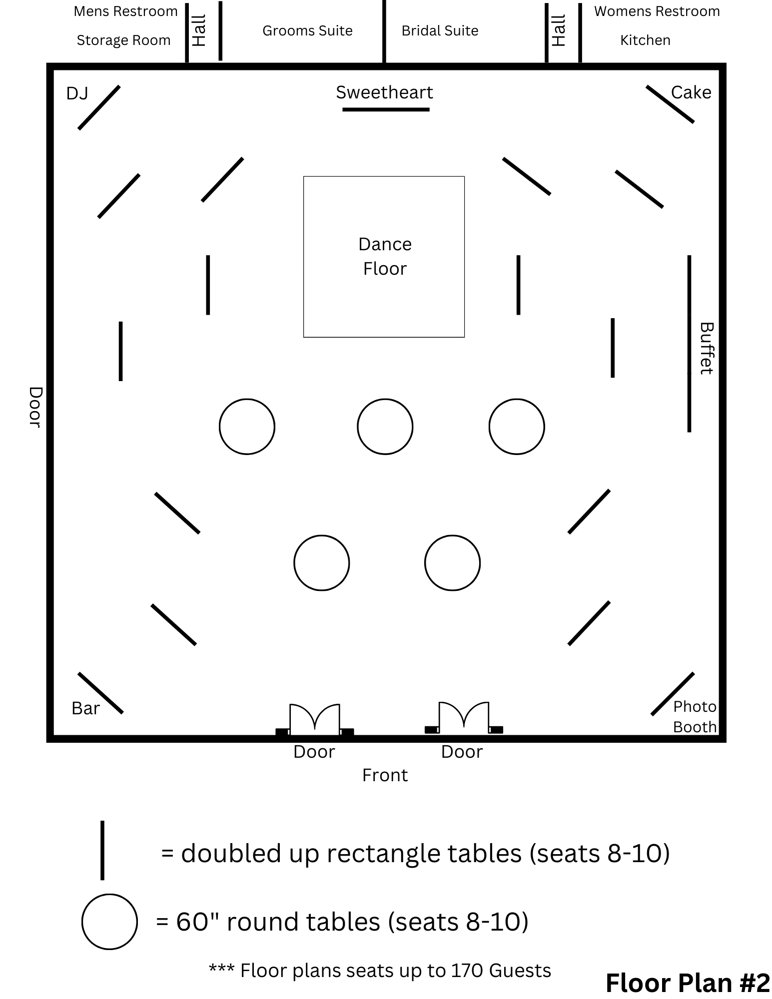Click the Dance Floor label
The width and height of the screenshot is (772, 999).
tap(384, 256)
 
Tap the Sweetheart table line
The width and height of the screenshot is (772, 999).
tap(386, 109)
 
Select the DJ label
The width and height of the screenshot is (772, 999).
tap(77, 93)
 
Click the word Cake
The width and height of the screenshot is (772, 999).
tap(691, 92)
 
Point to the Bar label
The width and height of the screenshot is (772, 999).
tap(85, 708)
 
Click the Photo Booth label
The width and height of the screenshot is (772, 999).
tap(695, 717)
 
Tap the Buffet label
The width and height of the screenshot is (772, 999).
tap(706, 348)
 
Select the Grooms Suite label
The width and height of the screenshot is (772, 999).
tap(307, 31)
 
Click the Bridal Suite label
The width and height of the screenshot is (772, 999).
tap(440, 31)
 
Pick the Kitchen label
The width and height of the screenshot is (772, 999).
tap(645, 40)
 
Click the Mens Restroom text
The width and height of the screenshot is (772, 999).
tap(125, 11)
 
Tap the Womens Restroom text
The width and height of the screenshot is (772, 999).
tap(657, 11)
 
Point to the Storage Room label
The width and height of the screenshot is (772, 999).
tap(123, 40)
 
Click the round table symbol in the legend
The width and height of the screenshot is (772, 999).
tap(109, 922)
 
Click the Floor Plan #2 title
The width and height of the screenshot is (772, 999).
tap(688, 983)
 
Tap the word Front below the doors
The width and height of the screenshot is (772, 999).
tap(385, 775)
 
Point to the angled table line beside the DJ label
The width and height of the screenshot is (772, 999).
tap(99, 107)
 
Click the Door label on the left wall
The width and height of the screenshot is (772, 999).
tap(34, 407)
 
